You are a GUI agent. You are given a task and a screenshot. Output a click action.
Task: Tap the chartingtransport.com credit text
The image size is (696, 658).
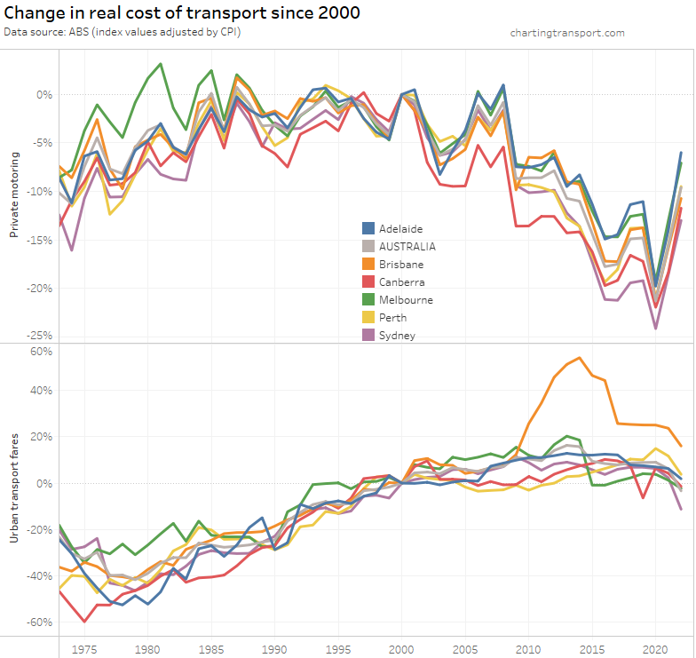coord(567,33)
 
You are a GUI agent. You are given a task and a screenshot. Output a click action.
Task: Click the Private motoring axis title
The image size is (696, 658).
coord(14,195)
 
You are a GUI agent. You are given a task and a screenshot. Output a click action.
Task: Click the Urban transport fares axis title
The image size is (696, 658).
coord(14,488)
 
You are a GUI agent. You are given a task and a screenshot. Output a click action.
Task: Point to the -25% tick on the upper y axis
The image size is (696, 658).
coord(40,336)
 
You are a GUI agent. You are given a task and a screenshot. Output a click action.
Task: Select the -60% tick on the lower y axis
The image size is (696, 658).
coord(40,622)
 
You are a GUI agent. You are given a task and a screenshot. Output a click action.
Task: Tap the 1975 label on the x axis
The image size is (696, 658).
coord(84,649)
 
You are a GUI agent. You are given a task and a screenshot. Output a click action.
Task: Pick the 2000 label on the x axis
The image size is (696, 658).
coord(401,649)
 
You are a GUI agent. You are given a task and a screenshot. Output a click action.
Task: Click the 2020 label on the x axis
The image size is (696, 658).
coord(655,649)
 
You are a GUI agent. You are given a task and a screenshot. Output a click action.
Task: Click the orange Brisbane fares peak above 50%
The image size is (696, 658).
coord(580,358)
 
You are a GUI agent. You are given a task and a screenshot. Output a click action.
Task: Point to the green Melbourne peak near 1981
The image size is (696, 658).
coord(161,64)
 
